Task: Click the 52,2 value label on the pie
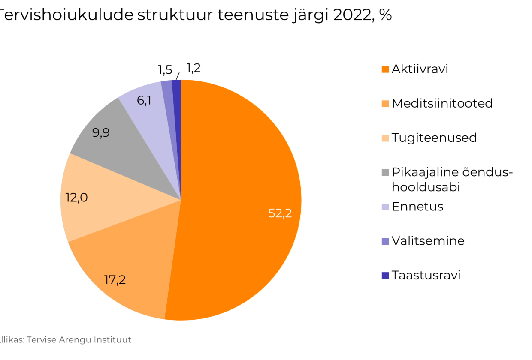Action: tap(280, 213)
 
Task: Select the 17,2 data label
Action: tap(115, 280)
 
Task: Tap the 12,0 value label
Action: tap(76, 198)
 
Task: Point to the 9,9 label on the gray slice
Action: tap(101, 133)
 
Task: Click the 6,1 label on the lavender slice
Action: tap(144, 101)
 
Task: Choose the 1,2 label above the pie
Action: tap(193, 68)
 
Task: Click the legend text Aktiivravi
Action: tap(420, 69)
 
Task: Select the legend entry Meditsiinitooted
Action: tap(442, 103)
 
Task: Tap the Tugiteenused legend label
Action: tap(434, 138)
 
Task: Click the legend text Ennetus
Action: tap(417, 207)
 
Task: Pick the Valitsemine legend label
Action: tap(428, 241)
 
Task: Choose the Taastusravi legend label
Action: tap(426, 275)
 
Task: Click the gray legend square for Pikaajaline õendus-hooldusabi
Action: tap(385, 173)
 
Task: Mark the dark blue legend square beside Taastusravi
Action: tap(385, 276)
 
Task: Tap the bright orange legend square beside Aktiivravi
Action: tap(385, 69)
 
